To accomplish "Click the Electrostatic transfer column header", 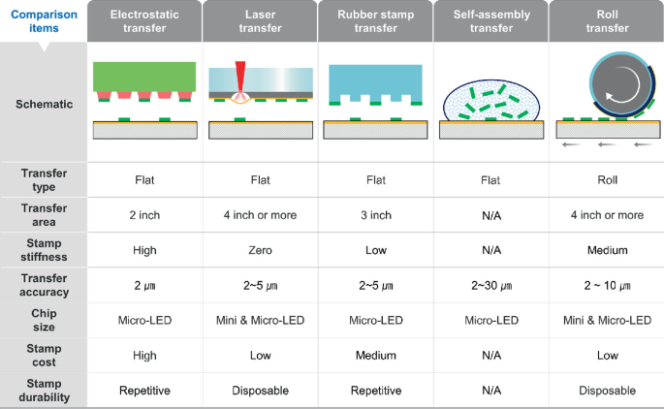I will (144, 21).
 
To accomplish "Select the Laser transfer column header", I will (260, 21).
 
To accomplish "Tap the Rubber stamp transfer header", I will (375, 21).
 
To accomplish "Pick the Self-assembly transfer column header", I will (490, 21).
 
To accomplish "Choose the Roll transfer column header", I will (606, 21).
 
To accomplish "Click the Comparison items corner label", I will (43, 21).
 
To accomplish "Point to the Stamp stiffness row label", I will (43, 249).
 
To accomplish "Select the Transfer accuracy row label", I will (43, 284).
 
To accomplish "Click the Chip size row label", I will (43, 320).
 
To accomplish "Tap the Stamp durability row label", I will (43, 390).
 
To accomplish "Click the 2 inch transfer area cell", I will (144, 214).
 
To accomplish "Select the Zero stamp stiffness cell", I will (260, 249).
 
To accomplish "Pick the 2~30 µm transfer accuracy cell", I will (490, 285).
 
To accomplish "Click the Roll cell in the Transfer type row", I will (606, 179).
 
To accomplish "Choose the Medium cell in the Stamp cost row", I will (375, 355).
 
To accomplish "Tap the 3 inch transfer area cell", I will (375, 214).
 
